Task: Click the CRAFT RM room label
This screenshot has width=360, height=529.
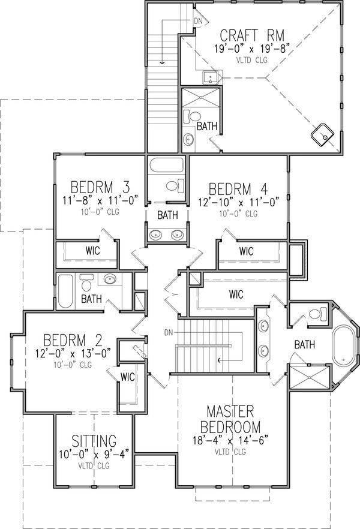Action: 252,35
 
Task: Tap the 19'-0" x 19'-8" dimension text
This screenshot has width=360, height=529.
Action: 252,49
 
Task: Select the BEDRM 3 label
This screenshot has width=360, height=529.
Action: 100,187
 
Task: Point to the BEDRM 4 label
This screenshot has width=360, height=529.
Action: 238,190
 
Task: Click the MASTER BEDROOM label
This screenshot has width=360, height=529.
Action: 230,419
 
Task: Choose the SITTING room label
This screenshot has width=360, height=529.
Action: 94,441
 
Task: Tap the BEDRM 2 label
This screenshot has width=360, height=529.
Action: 73,341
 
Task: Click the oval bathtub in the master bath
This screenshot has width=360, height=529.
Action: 343,345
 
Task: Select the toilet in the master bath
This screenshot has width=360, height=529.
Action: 318,314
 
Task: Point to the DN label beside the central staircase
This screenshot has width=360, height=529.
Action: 169,333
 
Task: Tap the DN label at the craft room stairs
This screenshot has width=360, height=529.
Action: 199,21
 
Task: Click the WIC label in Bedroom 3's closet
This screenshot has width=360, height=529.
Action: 93,251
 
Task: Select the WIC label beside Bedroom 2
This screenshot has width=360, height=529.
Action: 128,377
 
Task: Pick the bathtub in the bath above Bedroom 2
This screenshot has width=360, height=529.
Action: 65,291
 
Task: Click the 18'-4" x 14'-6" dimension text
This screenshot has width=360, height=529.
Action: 230,440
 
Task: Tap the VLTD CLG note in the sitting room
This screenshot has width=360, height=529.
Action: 94,466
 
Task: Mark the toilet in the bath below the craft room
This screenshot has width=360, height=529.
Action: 193,117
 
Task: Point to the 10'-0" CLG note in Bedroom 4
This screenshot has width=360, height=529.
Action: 238,214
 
